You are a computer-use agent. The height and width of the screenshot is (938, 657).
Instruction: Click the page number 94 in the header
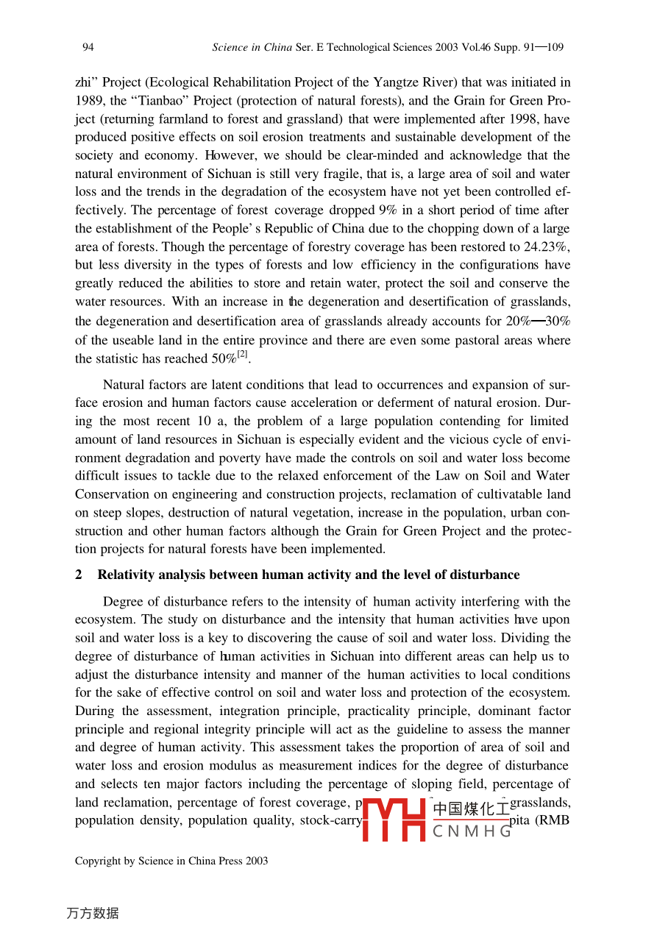(x=88, y=48)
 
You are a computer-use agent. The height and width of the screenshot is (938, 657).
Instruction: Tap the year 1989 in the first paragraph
(x=89, y=101)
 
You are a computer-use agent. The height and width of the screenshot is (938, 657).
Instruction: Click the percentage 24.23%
(x=544, y=247)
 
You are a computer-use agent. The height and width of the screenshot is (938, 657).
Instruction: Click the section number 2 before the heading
(x=79, y=575)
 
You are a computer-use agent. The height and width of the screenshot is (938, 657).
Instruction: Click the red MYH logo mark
(x=395, y=820)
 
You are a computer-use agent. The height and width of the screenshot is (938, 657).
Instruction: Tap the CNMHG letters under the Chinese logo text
(x=472, y=832)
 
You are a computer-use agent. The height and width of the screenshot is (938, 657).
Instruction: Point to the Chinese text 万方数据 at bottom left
(x=93, y=914)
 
